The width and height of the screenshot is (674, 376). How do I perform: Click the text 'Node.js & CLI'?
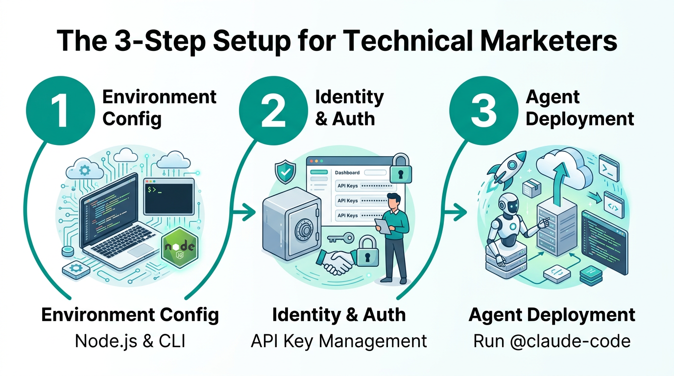pyautogui.click(x=130, y=341)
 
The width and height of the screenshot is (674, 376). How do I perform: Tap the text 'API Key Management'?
pyautogui.click(x=338, y=341)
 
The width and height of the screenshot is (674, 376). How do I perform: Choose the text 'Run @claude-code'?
pyautogui.click(x=552, y=341)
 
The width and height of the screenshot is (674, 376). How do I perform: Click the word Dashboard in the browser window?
pyautogui.click(x=347, y=172)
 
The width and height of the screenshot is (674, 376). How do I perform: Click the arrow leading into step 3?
pyautogui.click(x=455, y=212)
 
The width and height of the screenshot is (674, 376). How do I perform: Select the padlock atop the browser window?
pyautogui.click(x=401, y=169)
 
